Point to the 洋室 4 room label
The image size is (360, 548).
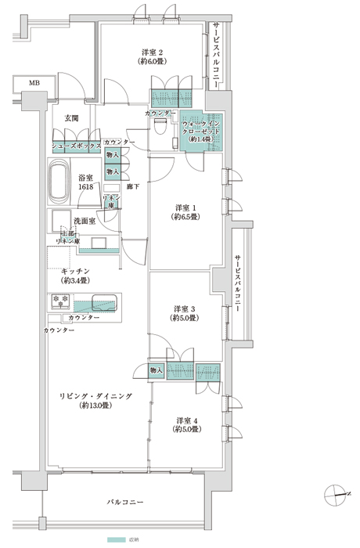coord(189,420)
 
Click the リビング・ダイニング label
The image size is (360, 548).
coord(93,397)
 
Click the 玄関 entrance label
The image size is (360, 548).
coord(71,117)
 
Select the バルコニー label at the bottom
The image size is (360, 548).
coord(126,502)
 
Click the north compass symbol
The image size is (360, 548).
coord(335,492)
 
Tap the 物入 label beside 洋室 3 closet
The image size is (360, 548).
coord(154,370)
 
